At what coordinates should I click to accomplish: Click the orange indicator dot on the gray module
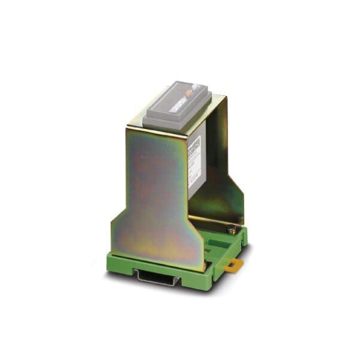(189, 92)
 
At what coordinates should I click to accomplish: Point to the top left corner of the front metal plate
(128, 128)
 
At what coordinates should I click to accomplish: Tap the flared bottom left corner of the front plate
(114, 223)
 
